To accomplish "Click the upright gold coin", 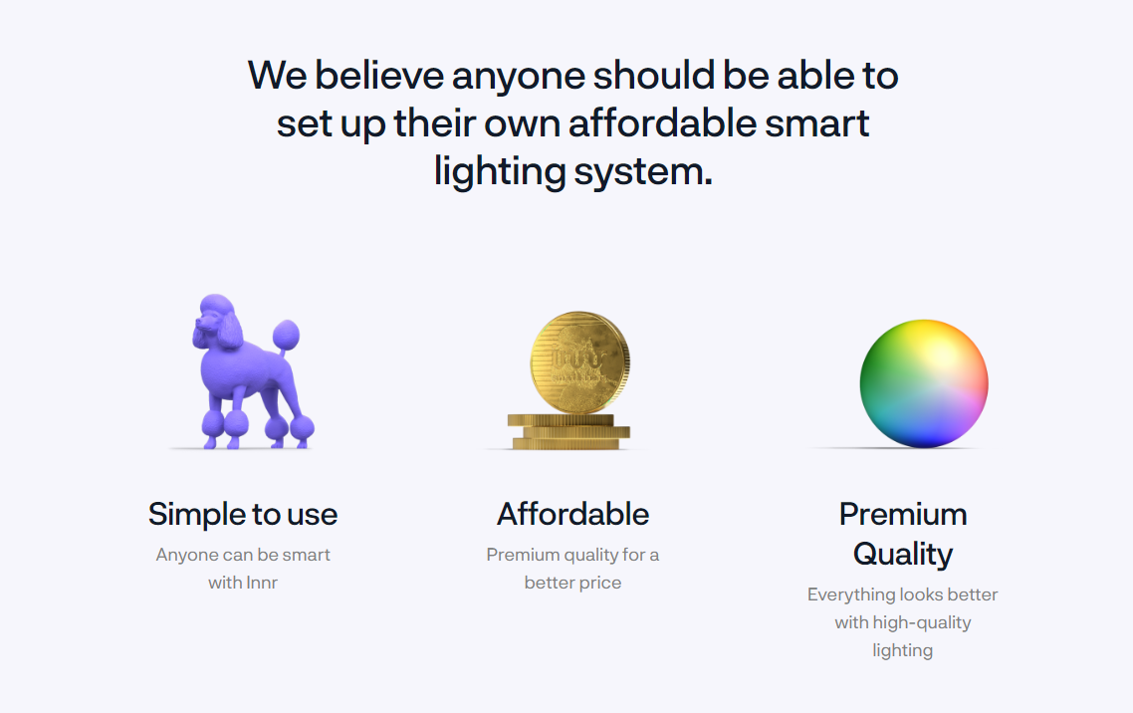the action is click(x=579, y=362).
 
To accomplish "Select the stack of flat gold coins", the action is click(x=567, y=431).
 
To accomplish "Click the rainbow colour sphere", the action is click(x=924, y=382).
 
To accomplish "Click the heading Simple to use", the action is click(x=243, y=515).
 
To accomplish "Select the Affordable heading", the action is click(x=573, y=515).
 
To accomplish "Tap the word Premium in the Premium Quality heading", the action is click(x=903, y=515).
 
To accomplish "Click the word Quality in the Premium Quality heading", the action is click(x=903, y=554).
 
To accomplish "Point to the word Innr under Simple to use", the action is click(x=262, y=583).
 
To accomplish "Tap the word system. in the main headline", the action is click(x=643, y=172).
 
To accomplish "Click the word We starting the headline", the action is click(x=278, y=75).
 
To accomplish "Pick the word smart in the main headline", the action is click(x=817, y=123).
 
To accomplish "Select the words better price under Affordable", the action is click(x=573, y=583).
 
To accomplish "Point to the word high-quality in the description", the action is click(x=922, y=622).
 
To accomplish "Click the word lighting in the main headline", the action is click(x=500, y=172).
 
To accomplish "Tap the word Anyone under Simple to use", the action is click(x=187, y=555).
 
